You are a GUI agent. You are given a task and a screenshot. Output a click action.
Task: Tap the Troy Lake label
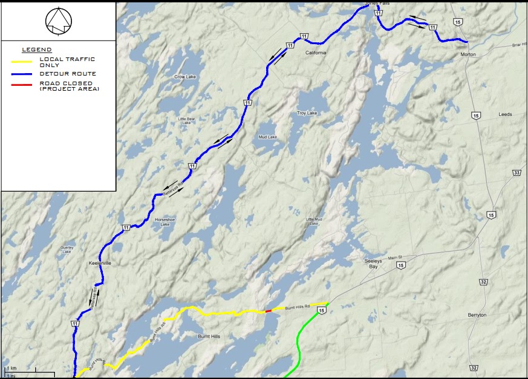pyautogui.click(x=307, y=113)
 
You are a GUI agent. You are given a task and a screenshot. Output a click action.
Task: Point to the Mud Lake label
pyautogui.click(x=267, y=137)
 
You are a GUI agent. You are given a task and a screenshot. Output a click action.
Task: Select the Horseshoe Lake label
pyautogui.click(x=165, y=222)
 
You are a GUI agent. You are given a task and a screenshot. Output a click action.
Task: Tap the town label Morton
pyautogui.click(x=468, y=54)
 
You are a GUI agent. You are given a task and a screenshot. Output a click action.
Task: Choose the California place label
pyautogui.click(x=315, y=53)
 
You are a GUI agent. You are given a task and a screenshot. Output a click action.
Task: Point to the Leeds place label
pyautogui.click(x=504, y=114)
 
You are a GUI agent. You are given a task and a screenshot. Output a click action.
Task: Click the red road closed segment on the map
pyautogui.click(x=269, y=311)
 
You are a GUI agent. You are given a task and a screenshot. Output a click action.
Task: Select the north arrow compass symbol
pyautogui.click(x=58, y=21)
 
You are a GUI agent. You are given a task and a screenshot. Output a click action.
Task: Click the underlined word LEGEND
pyautogui.click(x=36, y=49)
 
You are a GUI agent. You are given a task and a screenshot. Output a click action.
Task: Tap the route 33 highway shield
pyautogui.click(x=517, y=173)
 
